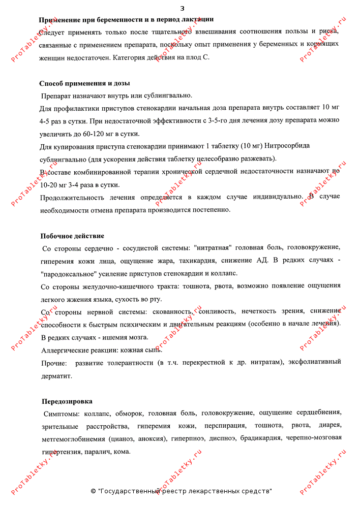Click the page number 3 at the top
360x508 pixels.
[183, 9]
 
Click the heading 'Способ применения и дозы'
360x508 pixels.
[84, 83]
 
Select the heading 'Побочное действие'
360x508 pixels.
[72, 236]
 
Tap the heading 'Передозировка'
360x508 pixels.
[67, 401]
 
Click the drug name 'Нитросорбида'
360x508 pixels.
[287, 146]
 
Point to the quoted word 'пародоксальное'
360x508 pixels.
[68, 273]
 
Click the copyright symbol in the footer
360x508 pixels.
[94, 491]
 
